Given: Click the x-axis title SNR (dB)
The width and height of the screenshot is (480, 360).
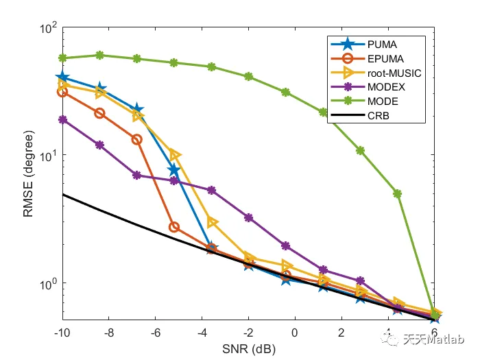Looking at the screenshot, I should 248,348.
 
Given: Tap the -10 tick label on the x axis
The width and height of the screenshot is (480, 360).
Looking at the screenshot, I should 62,333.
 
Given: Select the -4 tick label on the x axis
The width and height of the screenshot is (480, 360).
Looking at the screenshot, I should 202,333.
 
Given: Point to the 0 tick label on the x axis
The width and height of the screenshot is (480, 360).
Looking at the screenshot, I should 296,333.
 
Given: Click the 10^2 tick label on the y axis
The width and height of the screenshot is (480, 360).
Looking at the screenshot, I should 47,28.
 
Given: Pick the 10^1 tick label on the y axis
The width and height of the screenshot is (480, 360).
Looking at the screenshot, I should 47,156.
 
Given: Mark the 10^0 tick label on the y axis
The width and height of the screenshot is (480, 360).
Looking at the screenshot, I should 47,283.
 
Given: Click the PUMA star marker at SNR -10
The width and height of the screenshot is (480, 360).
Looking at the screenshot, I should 62,78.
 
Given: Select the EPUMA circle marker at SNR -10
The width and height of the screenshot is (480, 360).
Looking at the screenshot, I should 62,91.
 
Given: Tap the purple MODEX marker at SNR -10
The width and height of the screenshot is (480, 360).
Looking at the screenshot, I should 62,119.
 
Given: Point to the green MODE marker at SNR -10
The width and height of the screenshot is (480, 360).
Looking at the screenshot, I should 62,58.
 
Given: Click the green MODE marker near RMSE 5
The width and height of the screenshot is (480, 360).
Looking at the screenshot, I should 397,194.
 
